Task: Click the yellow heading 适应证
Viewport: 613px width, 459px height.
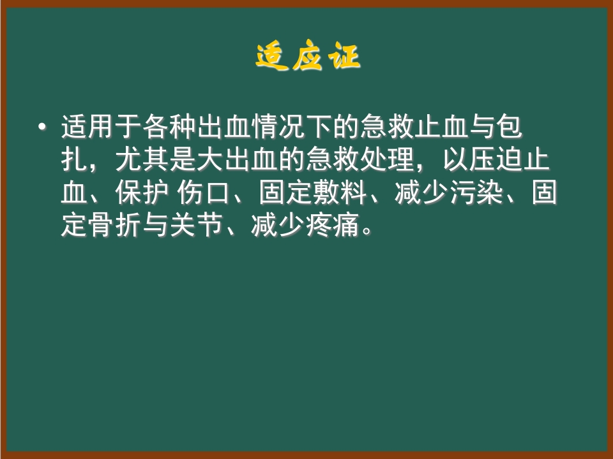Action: pyautogui.click(x=308, y=58)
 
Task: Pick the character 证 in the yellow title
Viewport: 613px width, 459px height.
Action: pyautogui.click(x=344, y=58)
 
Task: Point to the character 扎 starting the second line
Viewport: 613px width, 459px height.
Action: pyautogui.click(x=73, y=160)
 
